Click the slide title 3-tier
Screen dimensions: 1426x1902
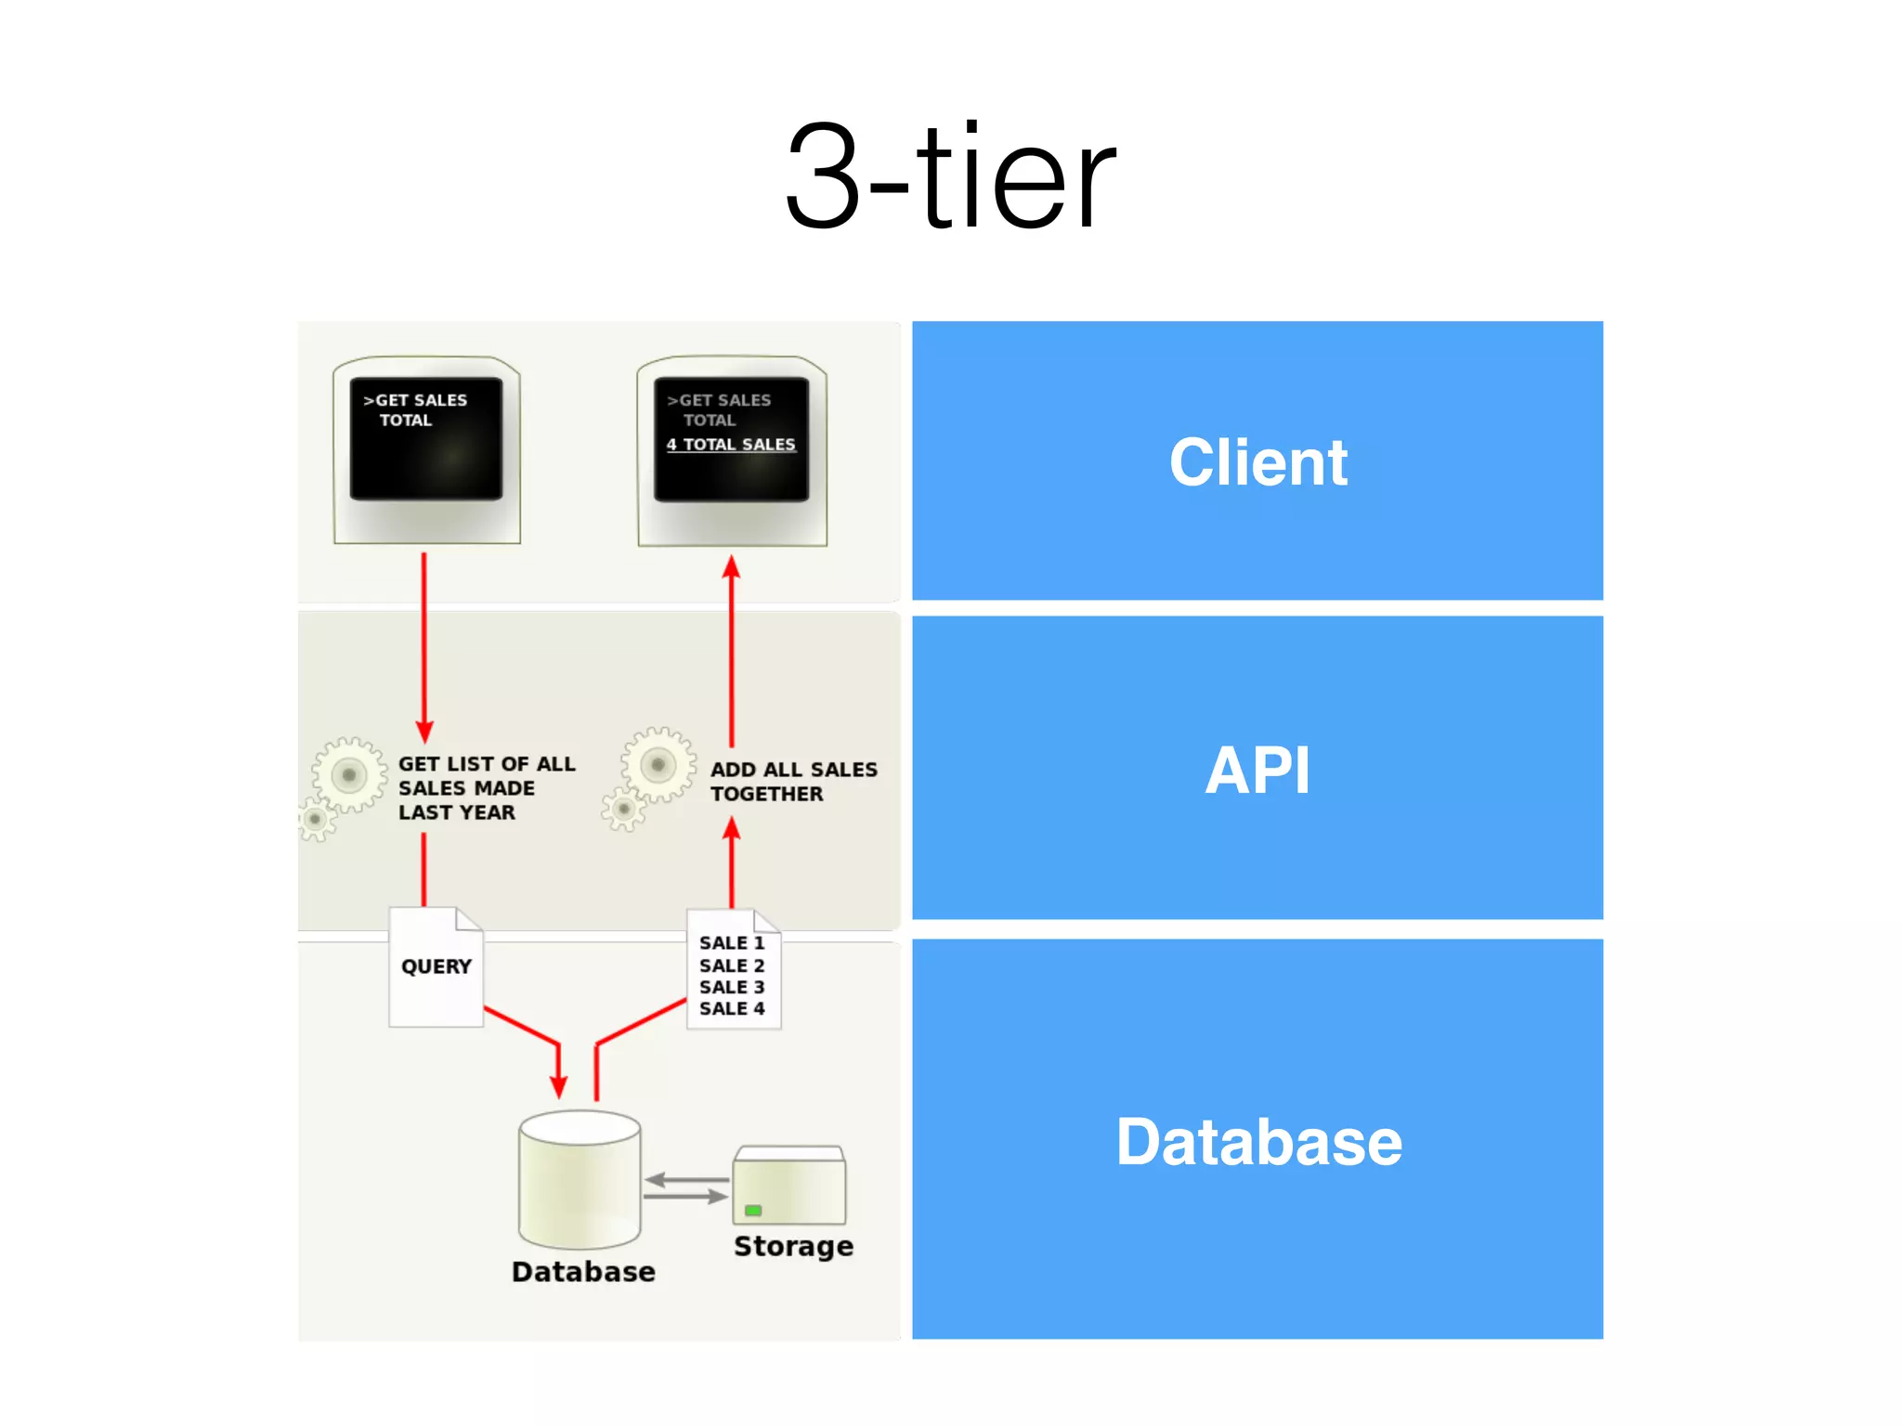click(950, 176)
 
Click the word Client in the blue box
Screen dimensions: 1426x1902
click(1257, 461)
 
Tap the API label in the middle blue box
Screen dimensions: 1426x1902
click(1257, 770)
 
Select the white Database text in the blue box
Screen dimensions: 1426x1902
click(1257, 1141)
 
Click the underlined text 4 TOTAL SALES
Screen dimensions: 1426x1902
click(731, 445)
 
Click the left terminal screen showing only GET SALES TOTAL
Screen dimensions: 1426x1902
click(426, 438)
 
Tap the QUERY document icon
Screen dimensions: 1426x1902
click(436, 967)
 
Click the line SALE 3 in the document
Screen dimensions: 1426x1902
click(732, 987)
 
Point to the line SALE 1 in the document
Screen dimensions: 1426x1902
click(732, 943)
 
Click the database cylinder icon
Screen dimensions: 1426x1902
click(580, 1179)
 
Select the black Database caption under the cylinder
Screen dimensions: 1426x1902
click(583, 1271)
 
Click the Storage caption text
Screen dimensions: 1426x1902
click(793, 1246)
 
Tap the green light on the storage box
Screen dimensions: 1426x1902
click(753, 1211)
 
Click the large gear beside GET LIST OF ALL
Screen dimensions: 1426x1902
click(349, 774)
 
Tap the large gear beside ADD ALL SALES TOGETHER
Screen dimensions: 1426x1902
click(658, 765)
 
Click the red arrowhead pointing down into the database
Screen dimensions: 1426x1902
click(558, 1086)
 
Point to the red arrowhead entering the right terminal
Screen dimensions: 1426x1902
click(732, 567)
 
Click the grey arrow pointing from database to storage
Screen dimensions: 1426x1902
click(687, 1197)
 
